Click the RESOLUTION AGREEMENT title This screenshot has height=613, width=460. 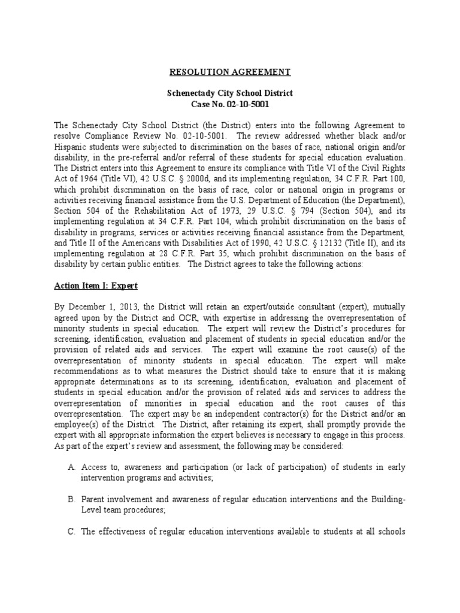point(230,72)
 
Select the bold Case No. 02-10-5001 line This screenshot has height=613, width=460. point(230,105)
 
